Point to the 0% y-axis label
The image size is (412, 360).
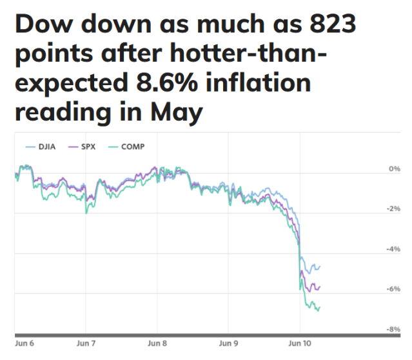pyautogui.click(x=394, y=168)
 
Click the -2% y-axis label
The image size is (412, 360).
pyautogui.click(x=393, y=208)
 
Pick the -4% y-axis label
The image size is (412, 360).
pyautogui.click(x=393, y=248)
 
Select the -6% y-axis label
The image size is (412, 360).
pyautogui.click(x=393, y=288)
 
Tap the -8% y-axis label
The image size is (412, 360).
pyautogui.click(x=393, y=328)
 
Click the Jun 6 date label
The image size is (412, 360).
pyautogui.click(x=24, y=345)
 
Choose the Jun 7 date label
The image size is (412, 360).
pyautogui.click(x=86, y=345)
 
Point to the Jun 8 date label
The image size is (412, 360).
pyautogui.click(x=158, y=345)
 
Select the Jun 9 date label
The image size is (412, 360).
pyautogui.click(x=229, y=345)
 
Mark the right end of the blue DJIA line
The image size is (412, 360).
pyautogui.click(x=320, y=266)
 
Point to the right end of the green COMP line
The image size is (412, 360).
pyautogui.click(x=320, y=308)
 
